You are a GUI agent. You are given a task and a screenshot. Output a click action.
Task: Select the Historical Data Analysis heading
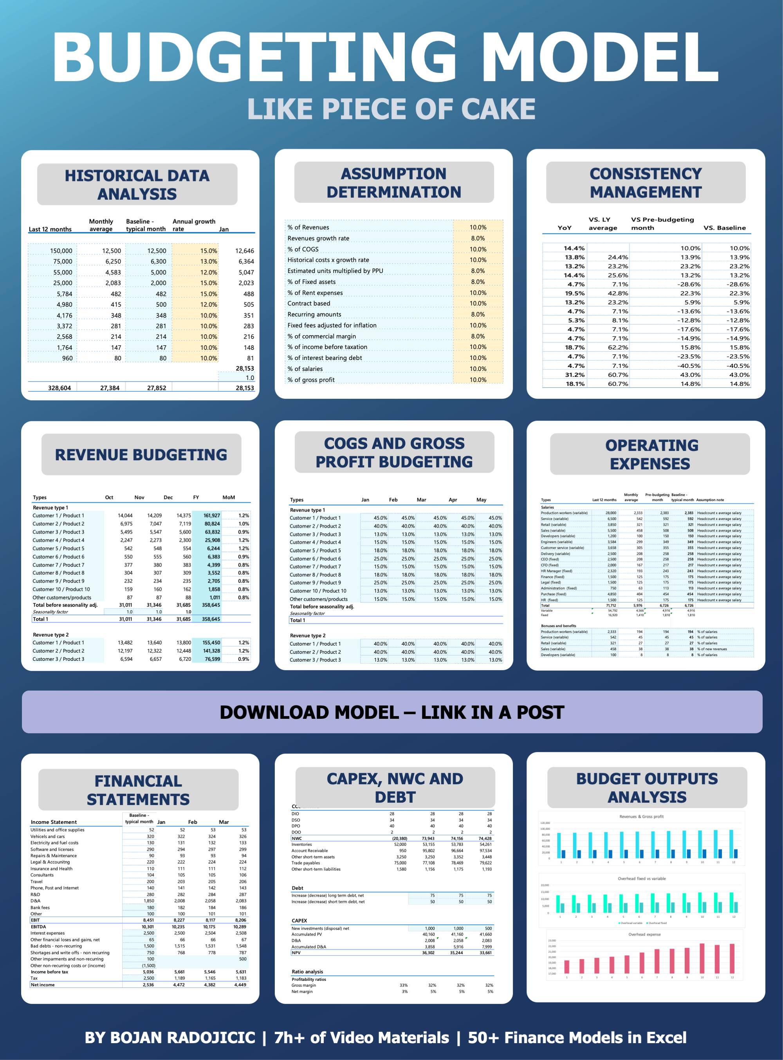137,185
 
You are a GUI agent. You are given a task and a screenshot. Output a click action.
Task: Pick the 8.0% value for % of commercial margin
477,336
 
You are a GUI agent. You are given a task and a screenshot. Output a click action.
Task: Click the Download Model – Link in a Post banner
391,713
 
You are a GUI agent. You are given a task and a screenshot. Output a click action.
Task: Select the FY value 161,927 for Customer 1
211,516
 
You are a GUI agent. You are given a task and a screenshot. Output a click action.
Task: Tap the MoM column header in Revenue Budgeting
229,497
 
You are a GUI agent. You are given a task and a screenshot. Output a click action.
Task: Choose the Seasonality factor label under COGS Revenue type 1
307,613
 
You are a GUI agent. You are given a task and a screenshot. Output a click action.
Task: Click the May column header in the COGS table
481,500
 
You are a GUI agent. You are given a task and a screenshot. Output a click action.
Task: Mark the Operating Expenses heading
650,454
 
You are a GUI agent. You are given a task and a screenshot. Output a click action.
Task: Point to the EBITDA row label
38,926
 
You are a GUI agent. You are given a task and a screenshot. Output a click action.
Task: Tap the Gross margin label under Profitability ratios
303,985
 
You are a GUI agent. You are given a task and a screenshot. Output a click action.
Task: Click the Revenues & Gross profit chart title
641,817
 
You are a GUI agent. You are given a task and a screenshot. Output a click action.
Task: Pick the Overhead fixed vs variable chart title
641,878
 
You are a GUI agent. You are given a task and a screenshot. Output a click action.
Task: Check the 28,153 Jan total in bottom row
245,388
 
